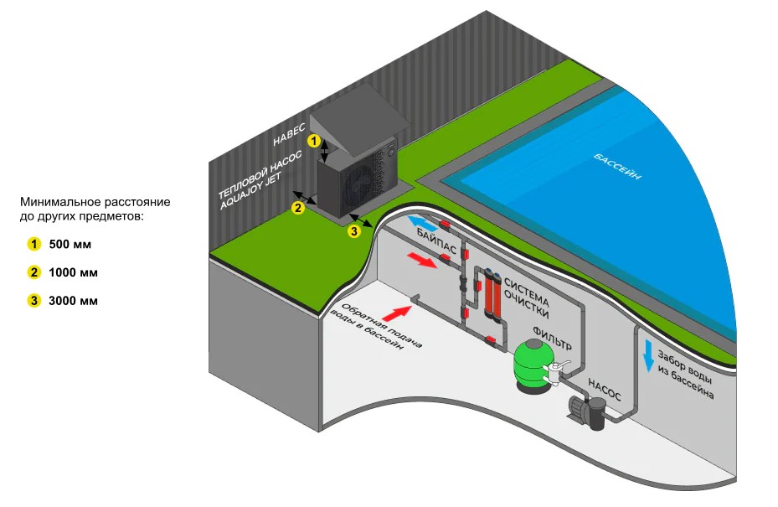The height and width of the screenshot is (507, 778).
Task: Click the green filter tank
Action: (533, 363)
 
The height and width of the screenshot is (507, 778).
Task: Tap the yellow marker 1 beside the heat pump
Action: (314, 141)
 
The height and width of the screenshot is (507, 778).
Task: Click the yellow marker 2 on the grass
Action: (296, 208)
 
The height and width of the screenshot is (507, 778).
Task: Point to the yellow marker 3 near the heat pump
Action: (353, 230)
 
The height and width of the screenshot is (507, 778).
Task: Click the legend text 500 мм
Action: (70, 245)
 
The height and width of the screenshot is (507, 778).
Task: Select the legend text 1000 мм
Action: (74, 272)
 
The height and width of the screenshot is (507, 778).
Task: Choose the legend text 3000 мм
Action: (74, 300)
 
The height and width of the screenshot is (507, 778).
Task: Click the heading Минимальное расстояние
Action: (95, 203)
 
